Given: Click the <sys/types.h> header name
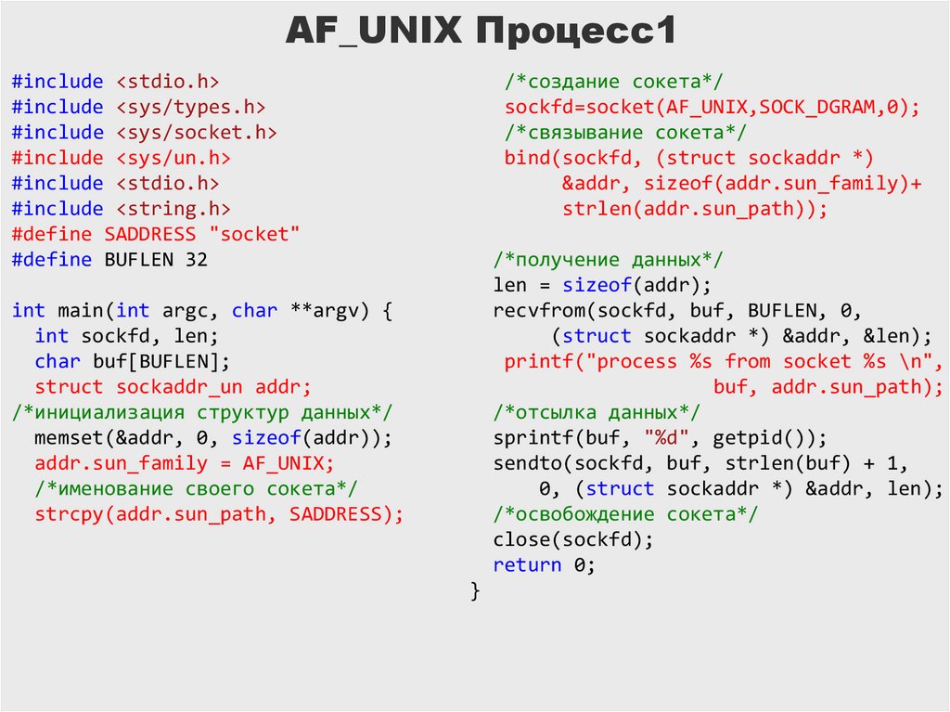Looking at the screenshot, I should [191, 108].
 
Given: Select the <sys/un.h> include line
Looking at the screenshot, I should [122, 159].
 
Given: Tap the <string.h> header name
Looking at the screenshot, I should [173, 210].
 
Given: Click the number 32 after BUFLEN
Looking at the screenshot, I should [197, 260].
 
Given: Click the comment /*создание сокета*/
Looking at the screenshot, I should [614, 82].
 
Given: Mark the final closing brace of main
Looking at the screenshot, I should [476, 590].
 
